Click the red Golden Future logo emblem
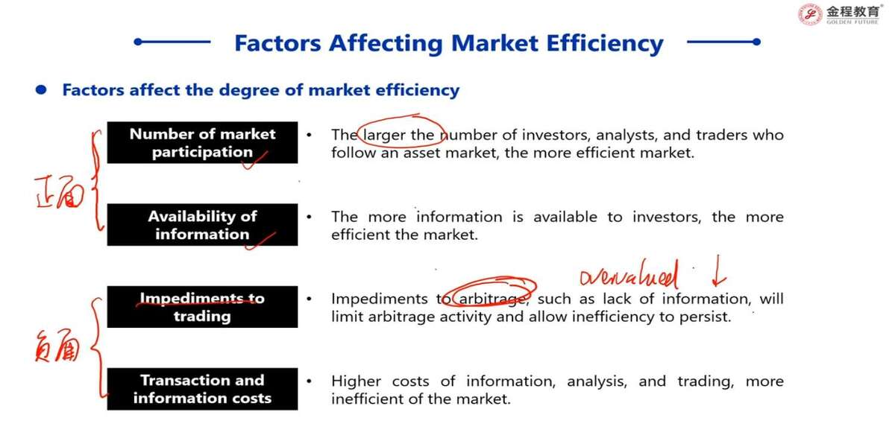(810, 14)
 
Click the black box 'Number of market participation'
(202, 142)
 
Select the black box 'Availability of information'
(202, 225)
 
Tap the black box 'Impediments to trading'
(202, 307)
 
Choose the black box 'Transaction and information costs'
(202, 389)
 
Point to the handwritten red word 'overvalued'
(629, 275)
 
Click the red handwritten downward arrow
(718, 271)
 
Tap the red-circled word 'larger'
(384, 136)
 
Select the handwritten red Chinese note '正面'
(60, 192)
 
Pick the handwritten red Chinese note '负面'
(57, 346)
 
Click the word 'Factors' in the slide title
(277, 43)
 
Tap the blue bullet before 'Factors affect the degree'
(41, 90)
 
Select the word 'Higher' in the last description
(356, 381)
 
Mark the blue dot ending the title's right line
(756, 42)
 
